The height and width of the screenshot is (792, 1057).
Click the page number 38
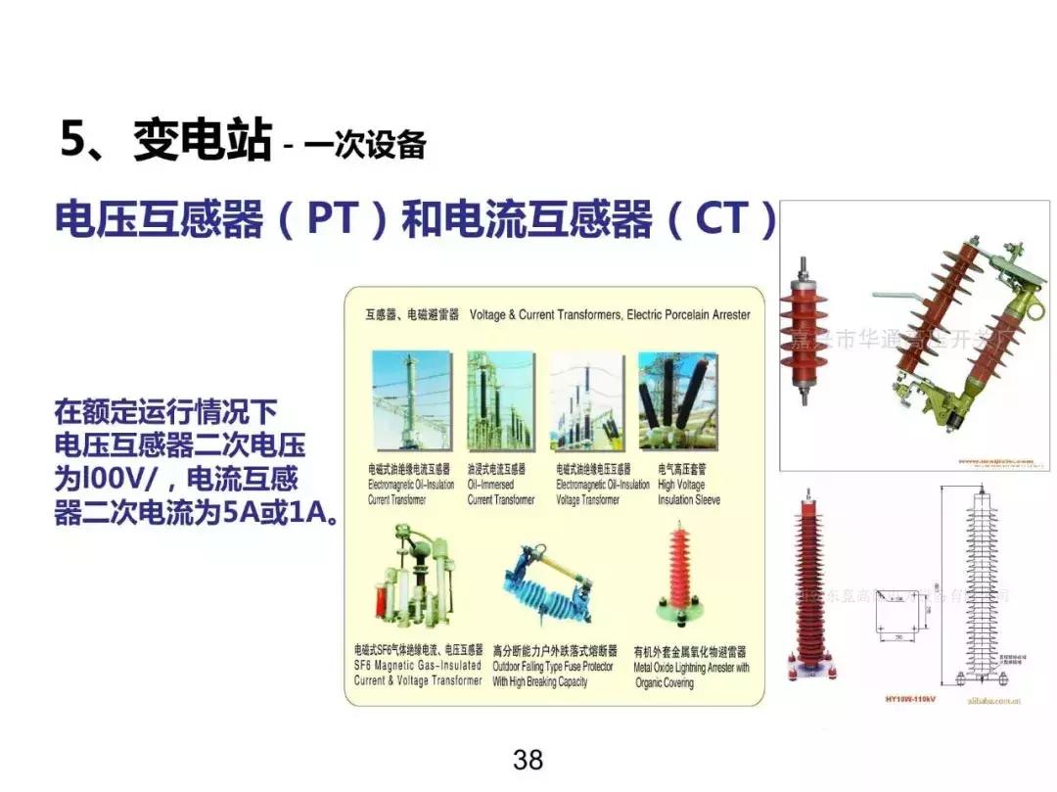click(528, 760)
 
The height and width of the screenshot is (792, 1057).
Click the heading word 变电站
click(201, 140)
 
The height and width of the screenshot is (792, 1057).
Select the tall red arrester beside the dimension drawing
click(809, 587)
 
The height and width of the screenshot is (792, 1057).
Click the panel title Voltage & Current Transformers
click(610, 315)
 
